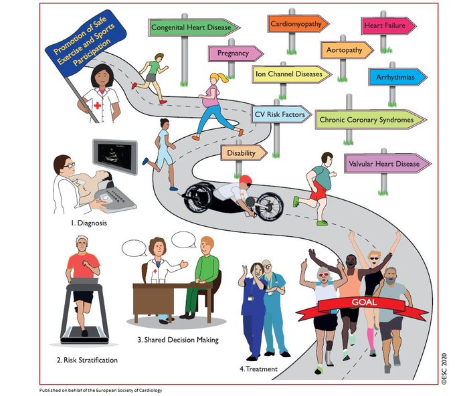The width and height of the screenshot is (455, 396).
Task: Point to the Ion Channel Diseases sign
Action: pos(291,74)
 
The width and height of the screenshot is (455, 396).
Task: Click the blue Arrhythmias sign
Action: pos(397,78)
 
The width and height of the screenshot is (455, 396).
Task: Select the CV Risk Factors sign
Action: pos(280,115)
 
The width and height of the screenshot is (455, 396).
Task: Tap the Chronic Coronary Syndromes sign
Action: pos(370,120)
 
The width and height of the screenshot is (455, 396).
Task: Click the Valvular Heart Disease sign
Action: pos(384,163)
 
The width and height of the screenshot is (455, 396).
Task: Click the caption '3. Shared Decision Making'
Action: pos(178,340)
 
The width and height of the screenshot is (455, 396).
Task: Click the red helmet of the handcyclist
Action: pos(245,180)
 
